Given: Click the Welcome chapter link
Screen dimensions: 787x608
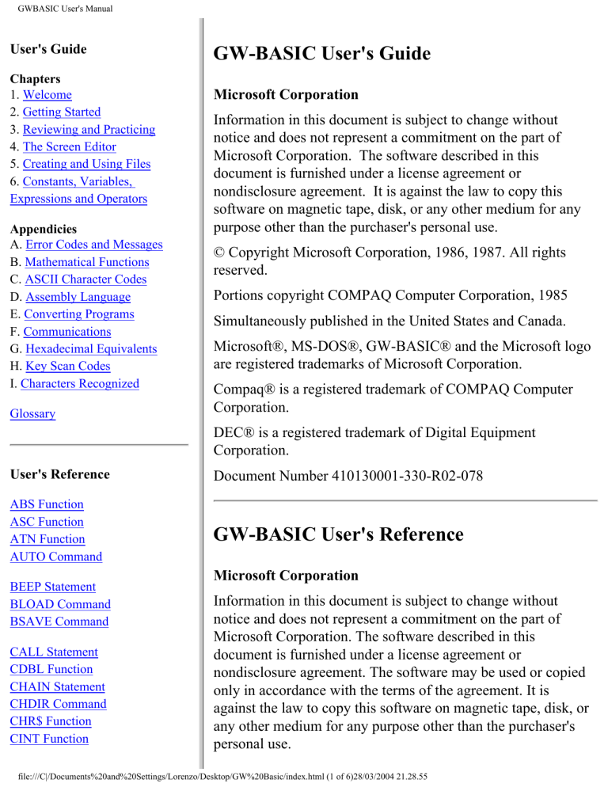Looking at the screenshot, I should [47, 95].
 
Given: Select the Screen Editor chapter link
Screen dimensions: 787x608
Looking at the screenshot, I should [70, 146].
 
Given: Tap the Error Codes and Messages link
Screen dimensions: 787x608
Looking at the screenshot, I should [93, 245].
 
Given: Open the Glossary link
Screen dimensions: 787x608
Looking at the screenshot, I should [33, 413].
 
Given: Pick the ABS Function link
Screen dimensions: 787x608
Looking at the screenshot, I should [47, 504].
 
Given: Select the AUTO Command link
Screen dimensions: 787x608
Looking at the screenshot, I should [56, 557].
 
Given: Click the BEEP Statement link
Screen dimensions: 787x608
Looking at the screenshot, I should [53, 587].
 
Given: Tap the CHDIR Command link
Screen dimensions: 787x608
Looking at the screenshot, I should [59, 704].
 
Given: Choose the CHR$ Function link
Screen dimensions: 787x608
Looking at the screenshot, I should [51, 721].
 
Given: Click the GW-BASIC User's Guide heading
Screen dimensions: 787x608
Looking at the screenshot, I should [321, 54].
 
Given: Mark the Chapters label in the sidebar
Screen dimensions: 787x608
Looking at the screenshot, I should [35, 79].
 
